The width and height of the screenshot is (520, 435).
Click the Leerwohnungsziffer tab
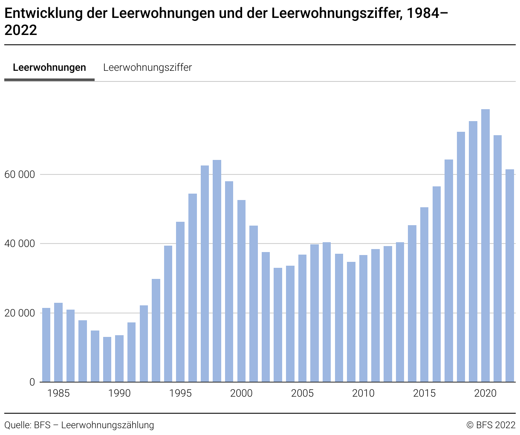tap(147, 67)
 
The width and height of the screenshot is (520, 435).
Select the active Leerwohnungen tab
tap(49, 67)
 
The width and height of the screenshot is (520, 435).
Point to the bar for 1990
tap(119, 358)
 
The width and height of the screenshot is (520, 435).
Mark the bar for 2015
tap(424, 294)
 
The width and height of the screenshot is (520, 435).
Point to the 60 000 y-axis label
tap(19, 175)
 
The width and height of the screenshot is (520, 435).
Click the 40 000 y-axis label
tap(19, 244)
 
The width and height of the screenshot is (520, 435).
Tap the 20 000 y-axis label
tap(19, 313)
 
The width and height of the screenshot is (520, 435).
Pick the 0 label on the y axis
tap(32, 382)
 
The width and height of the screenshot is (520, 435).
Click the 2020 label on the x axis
tap(485, 393)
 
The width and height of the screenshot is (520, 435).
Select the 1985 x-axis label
tap(58, 393)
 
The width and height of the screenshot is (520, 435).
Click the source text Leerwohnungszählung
tap(107, 425)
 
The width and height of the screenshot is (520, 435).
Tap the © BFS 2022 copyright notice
tap(491, 425)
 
